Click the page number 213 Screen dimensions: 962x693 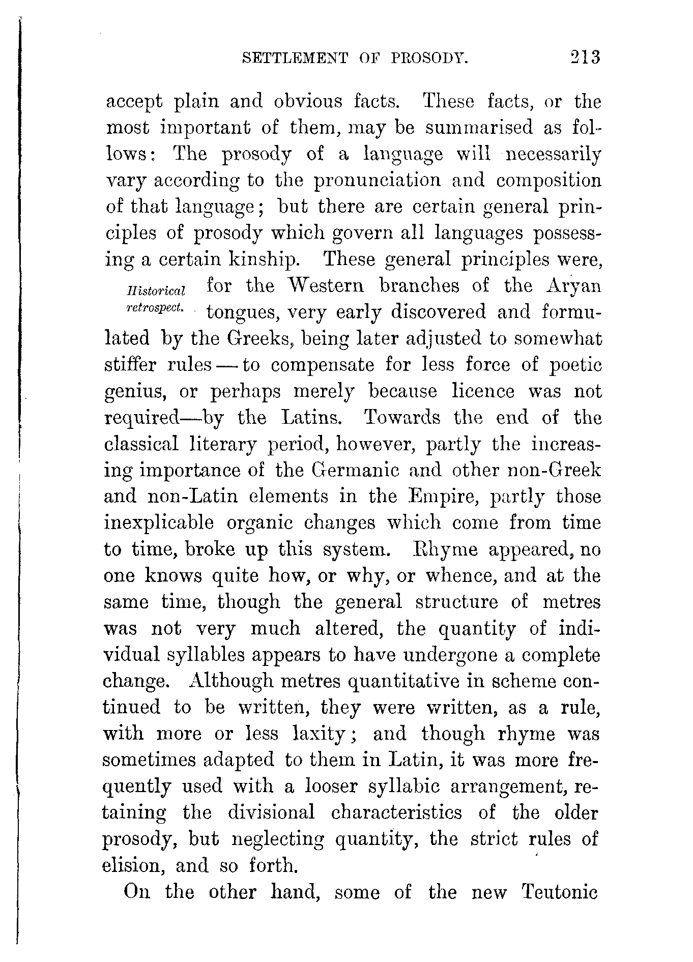[586, 57]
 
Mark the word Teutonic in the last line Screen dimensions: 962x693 [559, 893]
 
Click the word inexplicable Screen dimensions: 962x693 [159, 523]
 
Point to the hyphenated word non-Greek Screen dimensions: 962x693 [555, 470]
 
